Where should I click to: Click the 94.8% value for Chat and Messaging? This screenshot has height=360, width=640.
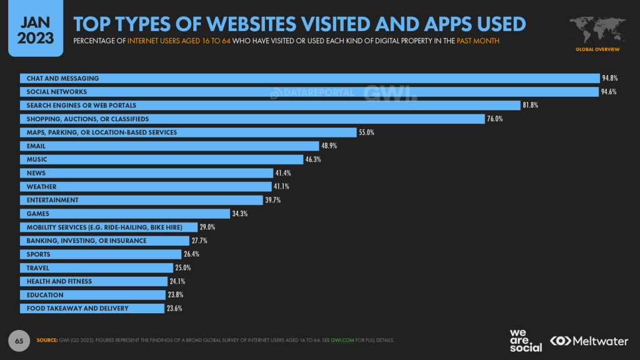click(x=610, y=79)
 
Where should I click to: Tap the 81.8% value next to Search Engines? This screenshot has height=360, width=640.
click(x=530, y=106)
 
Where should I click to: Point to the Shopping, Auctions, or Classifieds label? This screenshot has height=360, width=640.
click(x=87, y=119)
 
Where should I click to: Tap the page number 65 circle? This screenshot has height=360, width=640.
click(x=19, y=341)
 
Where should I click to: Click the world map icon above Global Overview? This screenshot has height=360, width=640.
click(x=597, y=29)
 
